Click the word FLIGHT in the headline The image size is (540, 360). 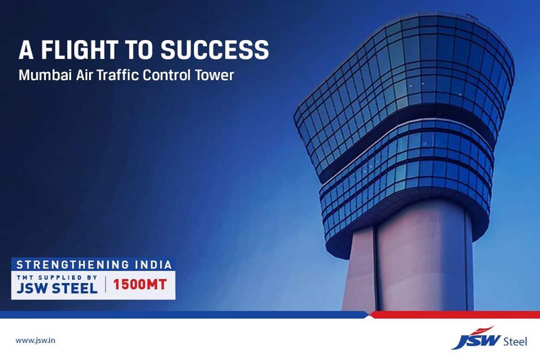click(79, 49)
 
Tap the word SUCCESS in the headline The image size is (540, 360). click(214, 49)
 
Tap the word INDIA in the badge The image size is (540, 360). click(153, 264)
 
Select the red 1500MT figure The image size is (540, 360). click(140, 285)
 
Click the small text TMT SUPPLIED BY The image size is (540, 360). click(57, 277)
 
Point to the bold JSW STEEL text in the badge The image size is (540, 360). click(57, 288)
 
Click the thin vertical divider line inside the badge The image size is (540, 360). click(105, 285)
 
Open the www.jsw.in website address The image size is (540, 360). click(35, 340)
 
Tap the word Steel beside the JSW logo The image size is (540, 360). click(515, 341)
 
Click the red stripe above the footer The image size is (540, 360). click(454, 314)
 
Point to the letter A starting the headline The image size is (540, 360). click(26, 49)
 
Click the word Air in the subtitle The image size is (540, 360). click(84, 75)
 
